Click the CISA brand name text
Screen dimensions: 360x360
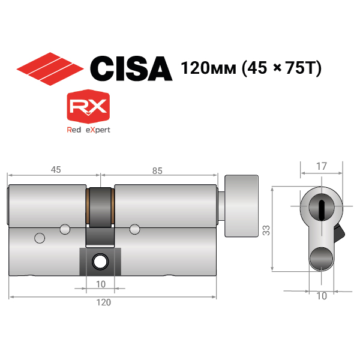click(131, 68)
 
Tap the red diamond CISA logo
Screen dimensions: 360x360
click(50, 69)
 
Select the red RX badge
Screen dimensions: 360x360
click(88, 107)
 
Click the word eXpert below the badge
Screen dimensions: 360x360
click(98, 130)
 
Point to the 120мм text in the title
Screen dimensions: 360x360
click(208, 68)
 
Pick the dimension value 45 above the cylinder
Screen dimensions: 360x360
click(56, 170)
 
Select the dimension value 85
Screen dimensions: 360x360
click(157, 171)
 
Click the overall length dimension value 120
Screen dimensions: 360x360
click(104, 302)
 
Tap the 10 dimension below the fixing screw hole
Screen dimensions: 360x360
click(101, 284)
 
